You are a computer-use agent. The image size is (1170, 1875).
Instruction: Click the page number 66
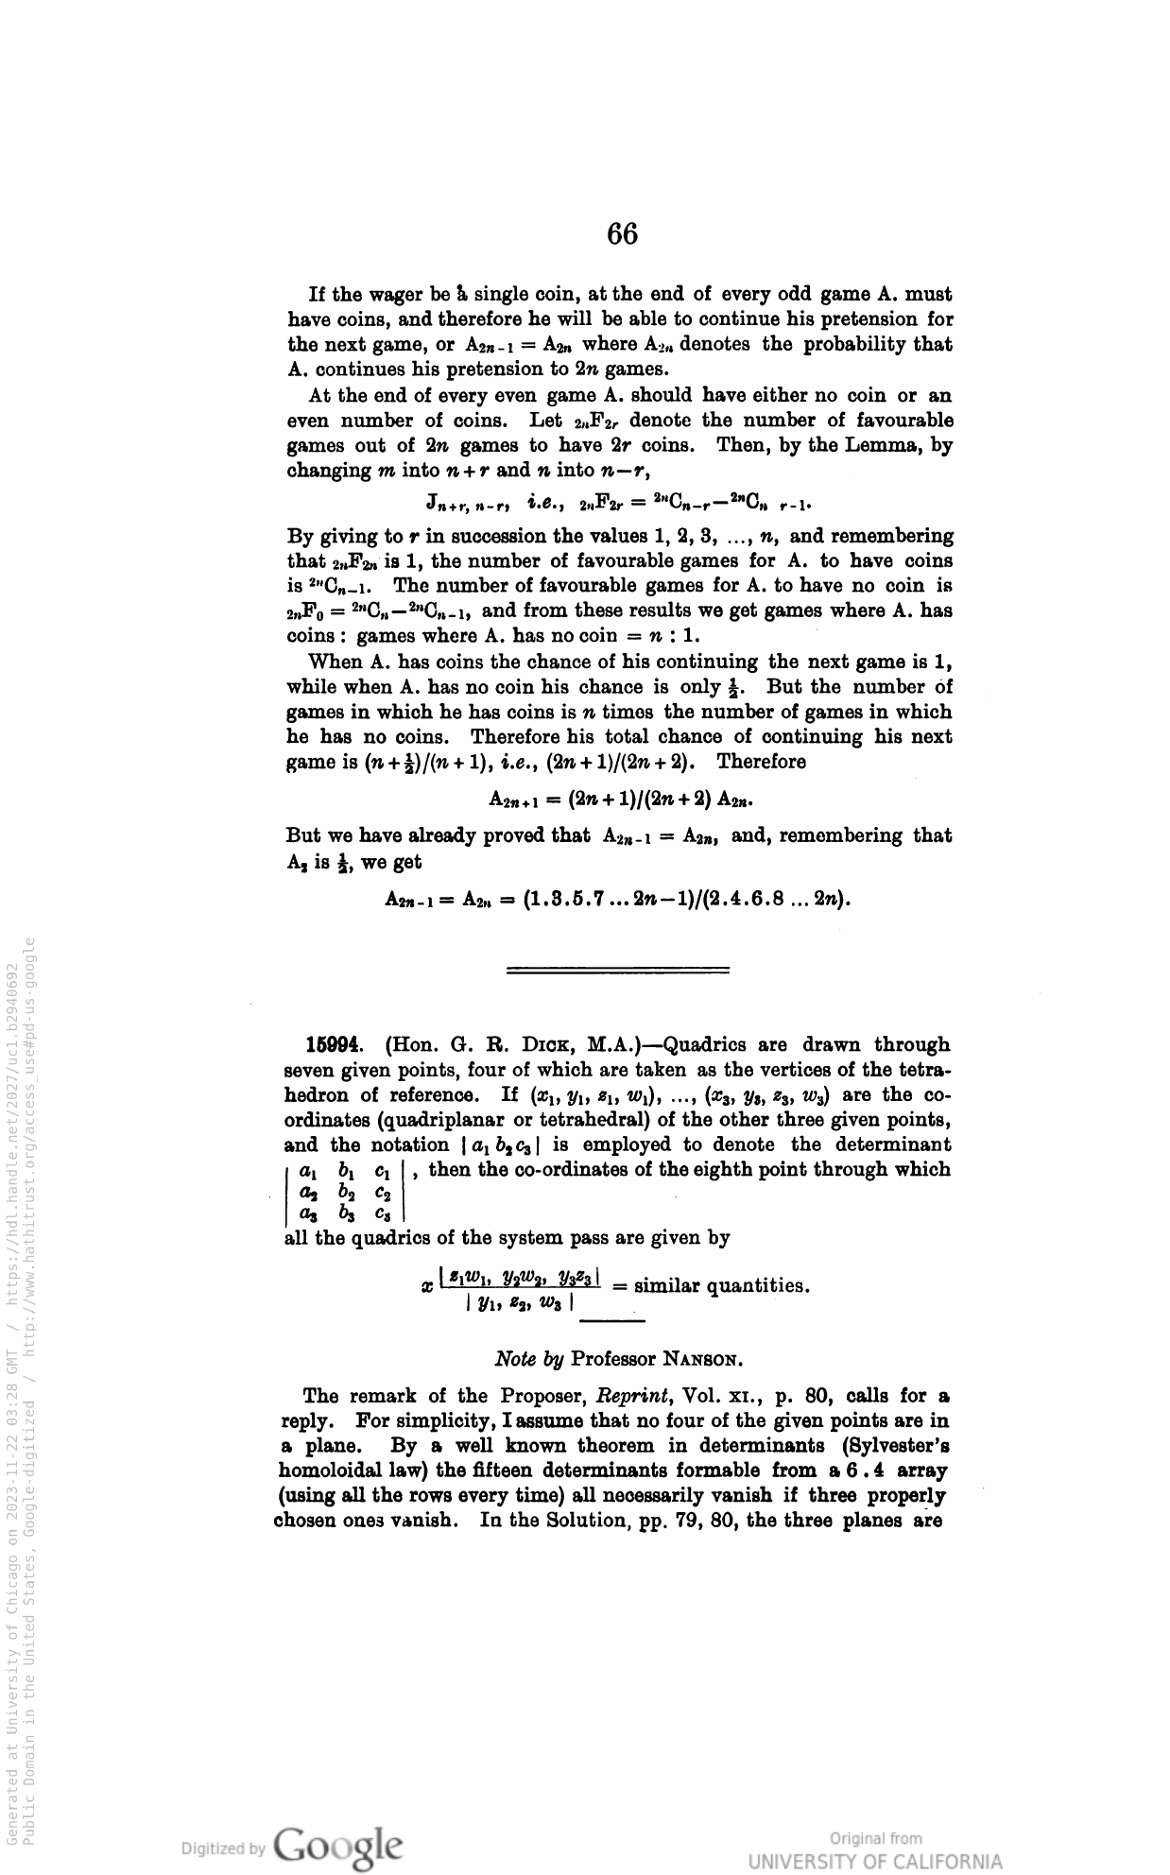coord(623,232)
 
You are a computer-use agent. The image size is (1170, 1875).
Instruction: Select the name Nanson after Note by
coord(701,1360)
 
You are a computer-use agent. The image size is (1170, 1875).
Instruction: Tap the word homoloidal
coord(336,1471)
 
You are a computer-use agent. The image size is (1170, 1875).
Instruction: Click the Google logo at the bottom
coord(336,1845)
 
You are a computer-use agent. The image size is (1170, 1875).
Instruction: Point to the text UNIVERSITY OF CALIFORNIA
coord(875,1862)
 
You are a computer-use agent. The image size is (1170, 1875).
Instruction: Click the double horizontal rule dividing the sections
coord(618,971)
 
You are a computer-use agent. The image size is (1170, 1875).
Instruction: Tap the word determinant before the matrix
coord(893,1144)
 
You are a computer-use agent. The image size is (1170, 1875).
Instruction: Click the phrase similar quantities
coord(722,1286)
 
